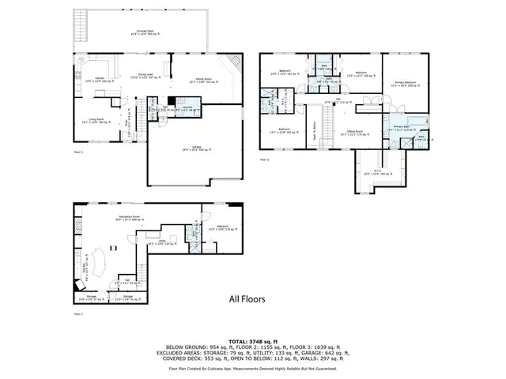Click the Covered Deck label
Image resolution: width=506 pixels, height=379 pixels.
pyautogui.click(x=145, y=32)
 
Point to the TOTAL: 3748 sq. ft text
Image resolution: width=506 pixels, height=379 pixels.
pyautogui.click(x=252, y=339)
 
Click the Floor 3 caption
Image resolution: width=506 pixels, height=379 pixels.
pyautogui.click(x=264, y=160)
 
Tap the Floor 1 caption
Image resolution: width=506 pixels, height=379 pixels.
pyautogui.click(x=77, y=314)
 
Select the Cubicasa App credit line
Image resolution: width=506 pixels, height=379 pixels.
pyautogui.click(x=252, y=369)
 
